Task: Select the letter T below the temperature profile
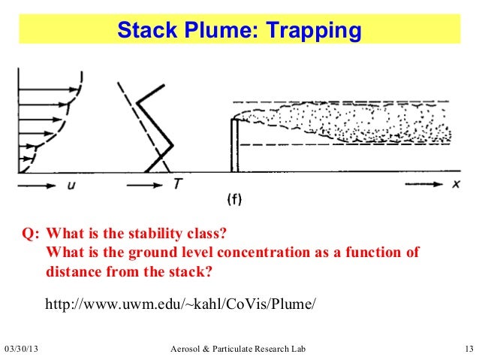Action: (x=176, y=183)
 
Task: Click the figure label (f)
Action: (x=234, y=198)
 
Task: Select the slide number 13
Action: (x=468, y=350)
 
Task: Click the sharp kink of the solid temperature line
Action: (x=172, y=144)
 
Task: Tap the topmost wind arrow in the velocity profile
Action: (x=45, y=77)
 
